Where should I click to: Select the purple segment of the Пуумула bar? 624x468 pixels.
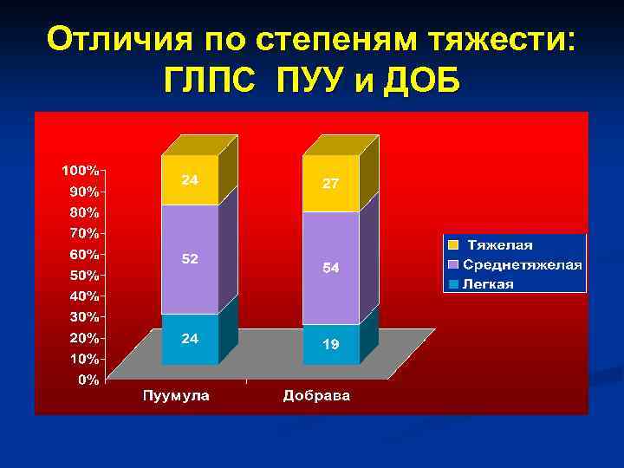[x=190, y=277]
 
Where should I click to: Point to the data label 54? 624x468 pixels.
[x=331, y=269]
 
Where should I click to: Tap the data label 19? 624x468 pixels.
[x=331, y=344]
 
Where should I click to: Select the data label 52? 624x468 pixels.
[x=190, y=258]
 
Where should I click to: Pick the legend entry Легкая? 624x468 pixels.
[x=488, y=283]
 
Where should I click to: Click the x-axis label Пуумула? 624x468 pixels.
[x=176, y=397]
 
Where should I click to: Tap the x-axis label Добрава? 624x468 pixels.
[x=316, y=397]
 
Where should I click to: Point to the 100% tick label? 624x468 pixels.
[x=80, y=169]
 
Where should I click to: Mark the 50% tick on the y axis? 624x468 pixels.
[x=83, y=275]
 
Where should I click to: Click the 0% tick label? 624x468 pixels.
[x=88, y=380]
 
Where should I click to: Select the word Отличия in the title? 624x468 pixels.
[x=121, y=38]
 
